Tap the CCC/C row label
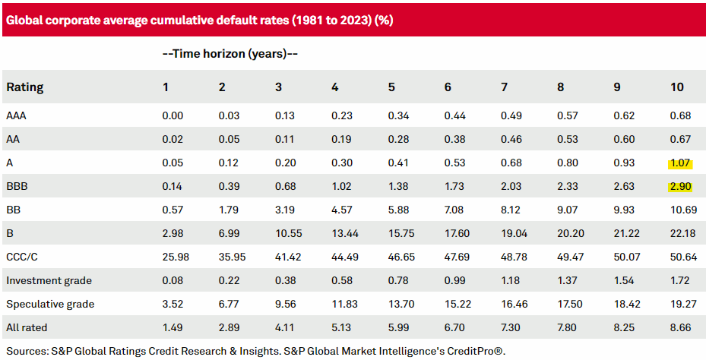22,257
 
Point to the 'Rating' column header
25,87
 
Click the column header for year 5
391,87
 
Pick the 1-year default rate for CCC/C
176,257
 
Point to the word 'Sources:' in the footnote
27,351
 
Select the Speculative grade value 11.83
344,304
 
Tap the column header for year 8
560,87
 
